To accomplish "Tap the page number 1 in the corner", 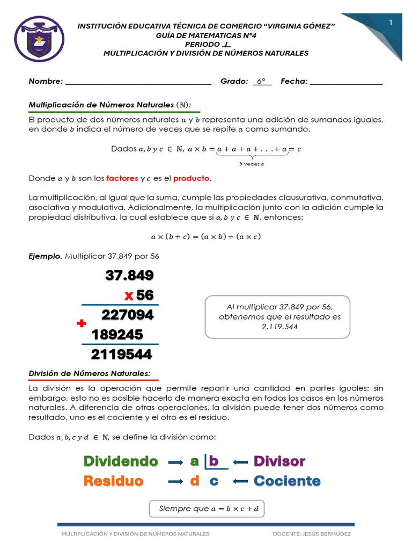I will click(391, 22).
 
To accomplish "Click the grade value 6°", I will click(261, 82).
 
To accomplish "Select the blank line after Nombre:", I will click(138, 82).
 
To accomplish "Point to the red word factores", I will click(122, 178).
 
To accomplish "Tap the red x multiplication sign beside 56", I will click(129, 295).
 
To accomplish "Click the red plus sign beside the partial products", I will click(82, 323).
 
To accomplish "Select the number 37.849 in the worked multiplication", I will click(129, 276).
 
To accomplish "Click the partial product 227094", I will click(128, 315).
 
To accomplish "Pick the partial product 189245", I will click(117, 335).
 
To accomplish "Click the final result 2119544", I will click(121, 354).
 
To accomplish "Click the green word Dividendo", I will click(121, 461).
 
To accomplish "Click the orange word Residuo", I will click(113, 481).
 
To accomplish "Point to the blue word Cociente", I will click(287, 481).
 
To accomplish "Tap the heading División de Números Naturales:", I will click(89, 373).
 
